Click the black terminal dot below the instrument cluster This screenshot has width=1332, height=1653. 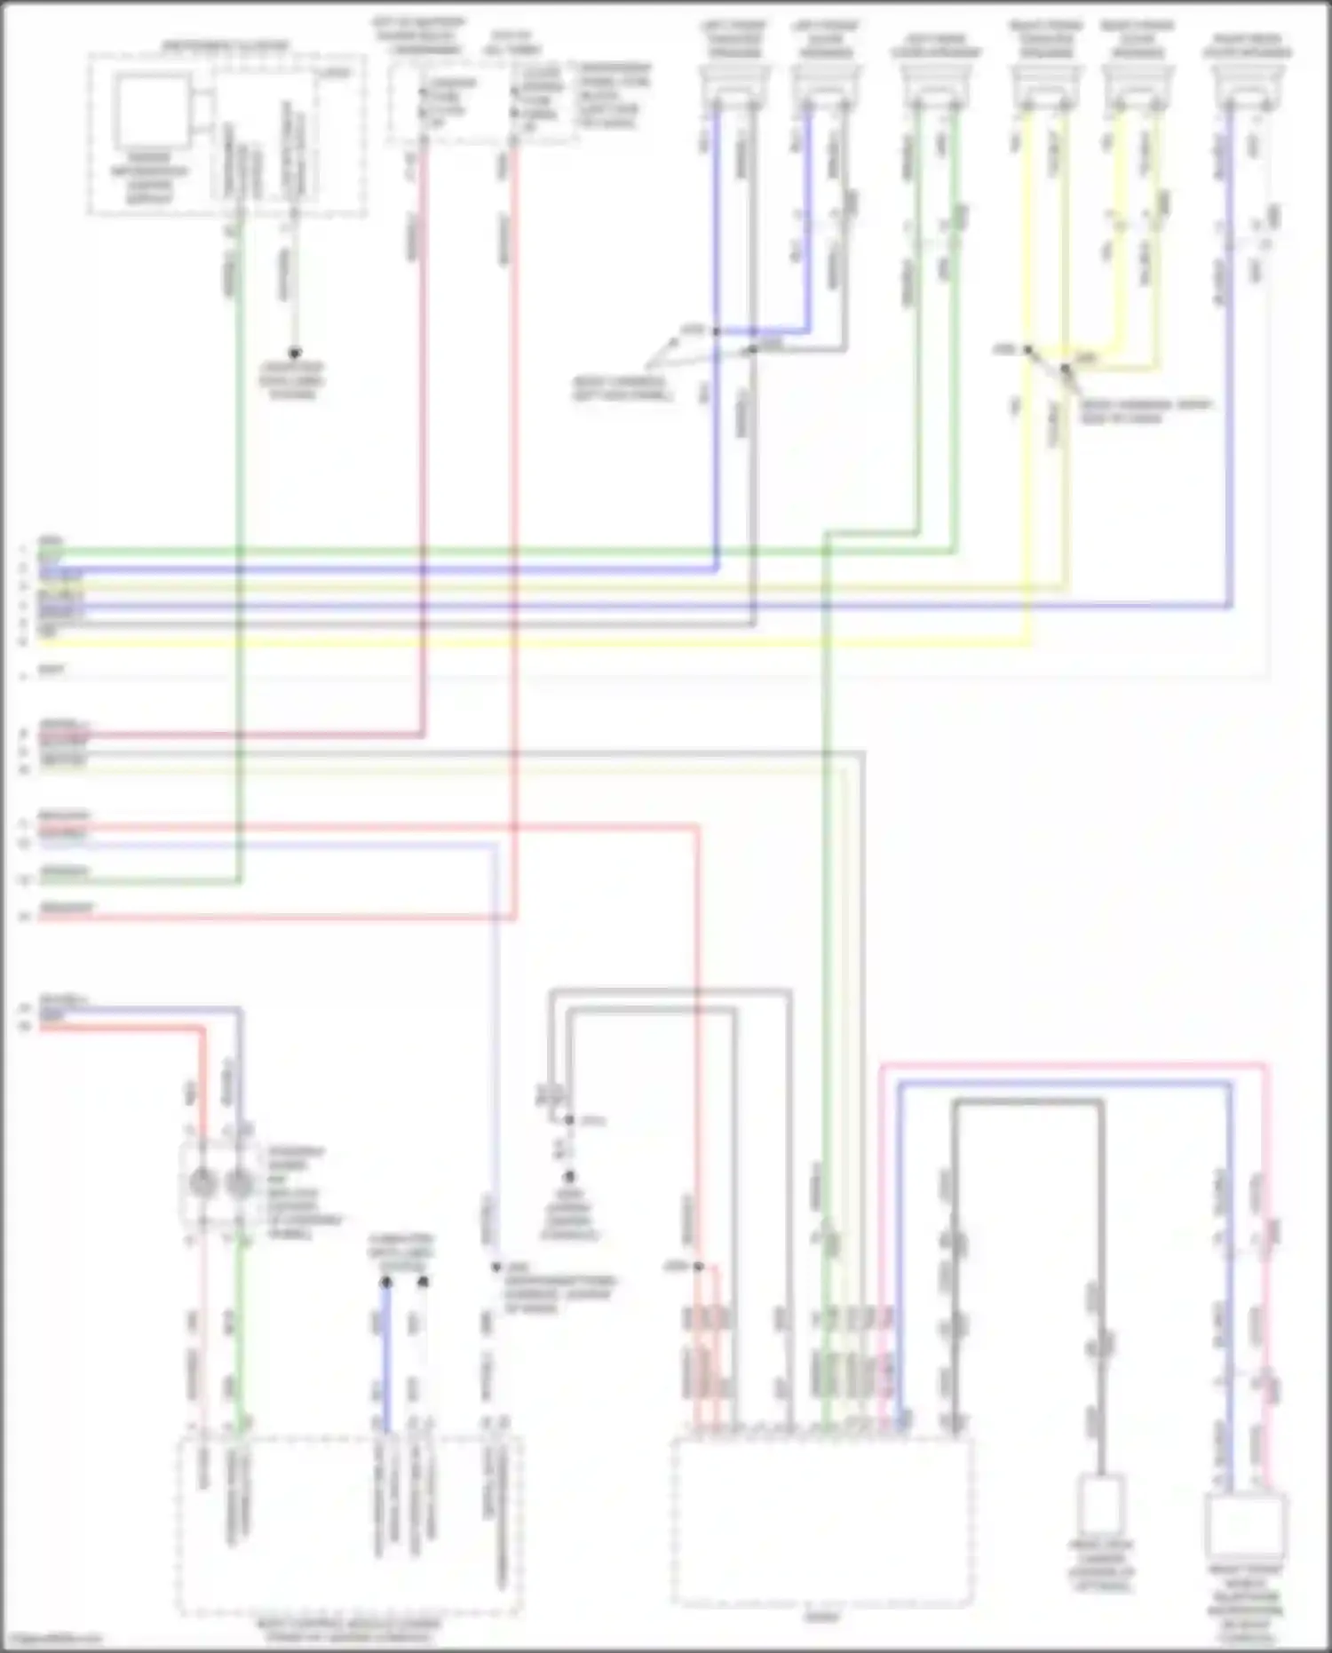pyautogui.click(x=294, y=353)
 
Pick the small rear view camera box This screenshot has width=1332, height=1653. pyautogui.click(x=1100, y=1505)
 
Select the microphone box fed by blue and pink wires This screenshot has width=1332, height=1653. pyautogui.click(x=1247, y=1526)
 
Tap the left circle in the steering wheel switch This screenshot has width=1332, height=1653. pyautogui.click(x=203, y=1183)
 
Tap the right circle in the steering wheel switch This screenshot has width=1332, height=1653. pyautogui.click(x=239, y=1183)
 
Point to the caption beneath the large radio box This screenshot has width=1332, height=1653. pyautogui.click(x=821, y=1618)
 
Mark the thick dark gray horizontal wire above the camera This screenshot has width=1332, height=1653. pyautogui.click(x=1027, y=1103)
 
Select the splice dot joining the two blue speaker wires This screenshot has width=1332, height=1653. pyautogui.click(x=716, y=332)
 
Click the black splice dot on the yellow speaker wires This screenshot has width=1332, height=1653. pyautogui.click(x=1027, y=350)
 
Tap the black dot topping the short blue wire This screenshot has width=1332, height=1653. pyautogui.click(x=386, y=1283)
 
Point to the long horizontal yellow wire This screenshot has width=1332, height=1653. pyautogui.click(x=533, y=640)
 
